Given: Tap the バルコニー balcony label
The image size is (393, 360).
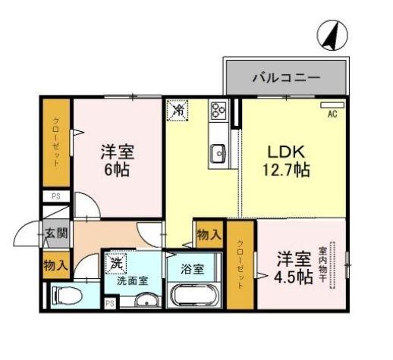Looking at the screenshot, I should (x=285, y=77).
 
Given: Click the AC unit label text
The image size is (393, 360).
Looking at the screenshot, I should (x=332, y=114).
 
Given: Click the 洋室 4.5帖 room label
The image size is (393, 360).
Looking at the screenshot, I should (x=294, y=267).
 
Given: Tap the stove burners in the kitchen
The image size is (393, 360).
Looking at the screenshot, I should (x=219, y=111).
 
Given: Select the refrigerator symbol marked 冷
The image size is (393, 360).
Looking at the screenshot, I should (x=178, y=110).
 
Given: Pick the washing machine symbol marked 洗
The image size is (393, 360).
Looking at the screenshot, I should (x=116, y=264).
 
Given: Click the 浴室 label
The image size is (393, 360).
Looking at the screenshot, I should (x=192, y=268).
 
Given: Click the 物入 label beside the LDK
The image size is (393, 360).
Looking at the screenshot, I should (x=209, y=236).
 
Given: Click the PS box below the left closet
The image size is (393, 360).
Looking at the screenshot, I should (x=55, y=196).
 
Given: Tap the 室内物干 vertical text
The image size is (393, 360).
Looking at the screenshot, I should (x=323, y=265).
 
